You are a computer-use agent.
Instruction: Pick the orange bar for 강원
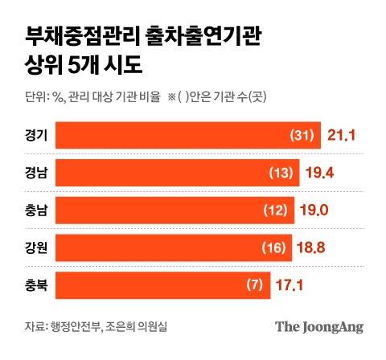point(176,248)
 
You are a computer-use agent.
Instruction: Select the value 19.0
point(317,211)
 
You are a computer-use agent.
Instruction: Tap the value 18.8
point(314,248)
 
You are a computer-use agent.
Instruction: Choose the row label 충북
point(36,285)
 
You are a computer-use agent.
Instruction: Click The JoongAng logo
point(318,327)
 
